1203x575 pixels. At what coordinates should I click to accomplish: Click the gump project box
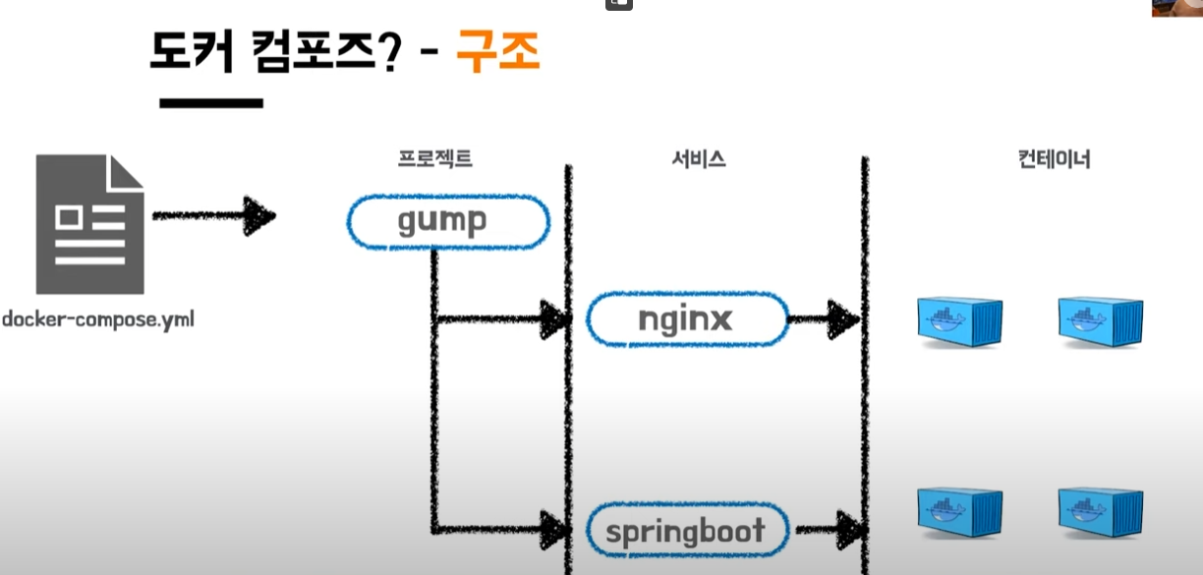click(x=447, y=221)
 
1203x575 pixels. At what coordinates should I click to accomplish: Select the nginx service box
click(x=688, y=319)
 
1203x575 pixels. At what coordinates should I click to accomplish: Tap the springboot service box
click(x=685, y=532)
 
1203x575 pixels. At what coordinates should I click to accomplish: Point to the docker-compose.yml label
click(x=97, y=319)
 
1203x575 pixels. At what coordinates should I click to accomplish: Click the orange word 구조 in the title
click(x=497, y=52)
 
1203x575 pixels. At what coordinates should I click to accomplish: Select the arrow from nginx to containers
click(x=825, y=317)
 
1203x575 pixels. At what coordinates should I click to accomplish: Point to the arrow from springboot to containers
click(x=828, y=529)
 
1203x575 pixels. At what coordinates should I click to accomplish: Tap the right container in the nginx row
click(x=1101, y=320)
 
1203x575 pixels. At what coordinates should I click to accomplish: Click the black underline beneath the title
click(x=210, y=102)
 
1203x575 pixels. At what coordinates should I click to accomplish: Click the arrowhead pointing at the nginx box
click(x=555, y=318)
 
